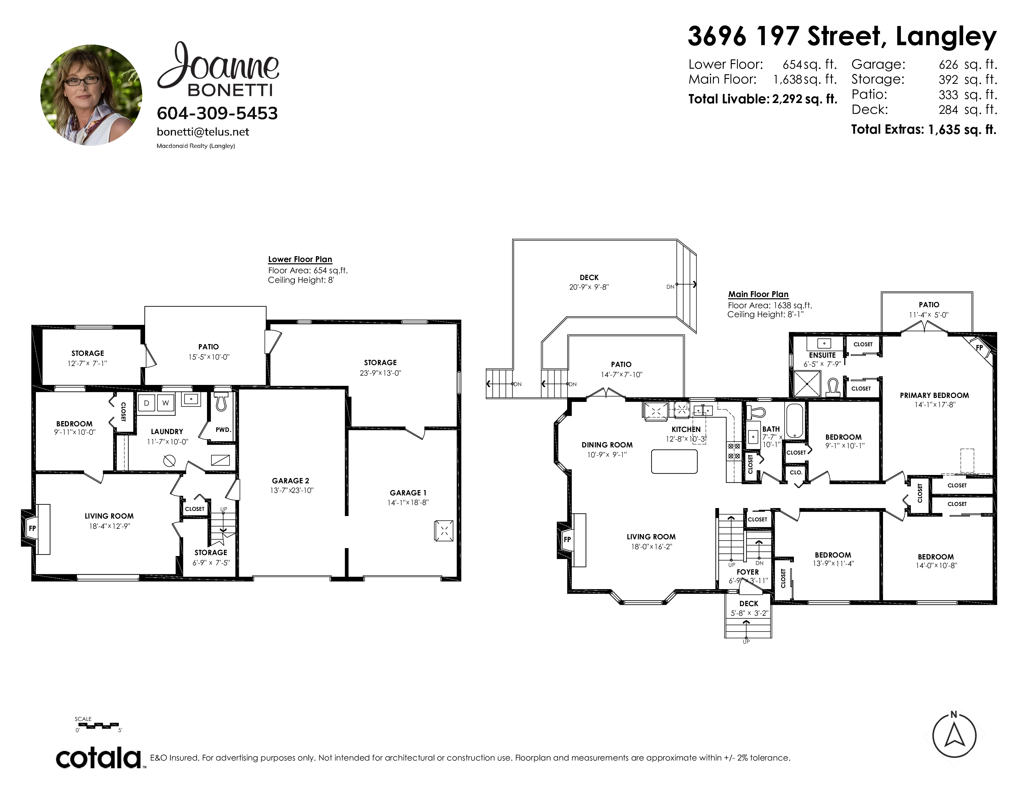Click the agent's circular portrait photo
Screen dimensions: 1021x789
point(91,95)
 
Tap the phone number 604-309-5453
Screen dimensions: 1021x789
point(218,113)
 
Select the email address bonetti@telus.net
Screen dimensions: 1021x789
point(203,132)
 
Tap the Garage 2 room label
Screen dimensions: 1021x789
point(290,481)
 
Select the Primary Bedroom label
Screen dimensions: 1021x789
point(934,395)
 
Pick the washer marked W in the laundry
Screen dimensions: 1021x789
point(166,403)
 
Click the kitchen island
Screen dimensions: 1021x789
point(674,461)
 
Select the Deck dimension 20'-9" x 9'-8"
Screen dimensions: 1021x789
point(589,287)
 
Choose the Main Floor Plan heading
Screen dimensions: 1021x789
point(758,295)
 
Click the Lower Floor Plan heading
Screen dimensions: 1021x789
point(300,259)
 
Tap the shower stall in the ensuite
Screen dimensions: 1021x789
point(807,384)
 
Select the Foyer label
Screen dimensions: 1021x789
point(747,572)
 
